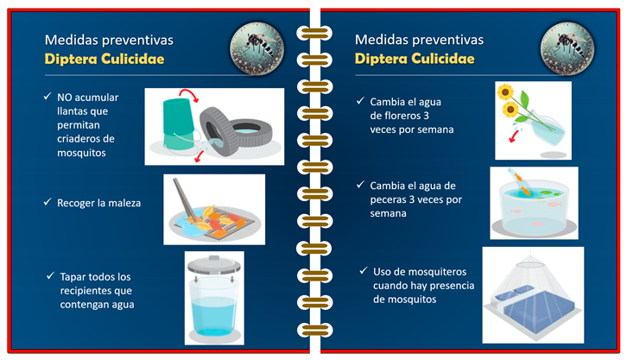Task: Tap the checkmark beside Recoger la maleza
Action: coord(47,201)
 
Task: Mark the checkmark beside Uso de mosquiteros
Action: coord(363,270)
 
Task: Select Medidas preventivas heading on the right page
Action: coord(419,40)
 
